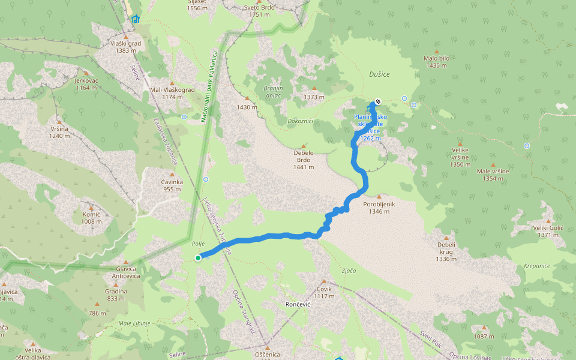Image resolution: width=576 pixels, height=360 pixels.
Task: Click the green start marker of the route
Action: (197, 258)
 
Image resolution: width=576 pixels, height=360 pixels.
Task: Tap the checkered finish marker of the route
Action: (377, 101)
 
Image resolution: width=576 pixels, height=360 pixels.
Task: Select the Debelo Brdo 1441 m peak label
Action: (304, 160)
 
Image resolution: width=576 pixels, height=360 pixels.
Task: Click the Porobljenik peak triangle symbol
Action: (379, 196)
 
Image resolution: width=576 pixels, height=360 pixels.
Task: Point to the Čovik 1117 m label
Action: (324, 292)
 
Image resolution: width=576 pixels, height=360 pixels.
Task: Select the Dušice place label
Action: (379, 74)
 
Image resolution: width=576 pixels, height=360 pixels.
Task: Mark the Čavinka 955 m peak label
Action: (172, 185)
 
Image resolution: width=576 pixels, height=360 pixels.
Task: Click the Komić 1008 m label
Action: (92, 217)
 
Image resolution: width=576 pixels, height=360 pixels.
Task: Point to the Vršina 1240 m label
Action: (59, 132)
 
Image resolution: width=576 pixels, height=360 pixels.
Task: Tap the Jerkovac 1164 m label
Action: (86, 84)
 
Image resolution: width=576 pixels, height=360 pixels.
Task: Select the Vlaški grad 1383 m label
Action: (125, 47)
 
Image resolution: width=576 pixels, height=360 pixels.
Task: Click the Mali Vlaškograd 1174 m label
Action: (172, 93)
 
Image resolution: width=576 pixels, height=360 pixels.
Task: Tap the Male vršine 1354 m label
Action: (493, 175)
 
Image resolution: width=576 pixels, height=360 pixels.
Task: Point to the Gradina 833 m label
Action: (116, 295)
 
